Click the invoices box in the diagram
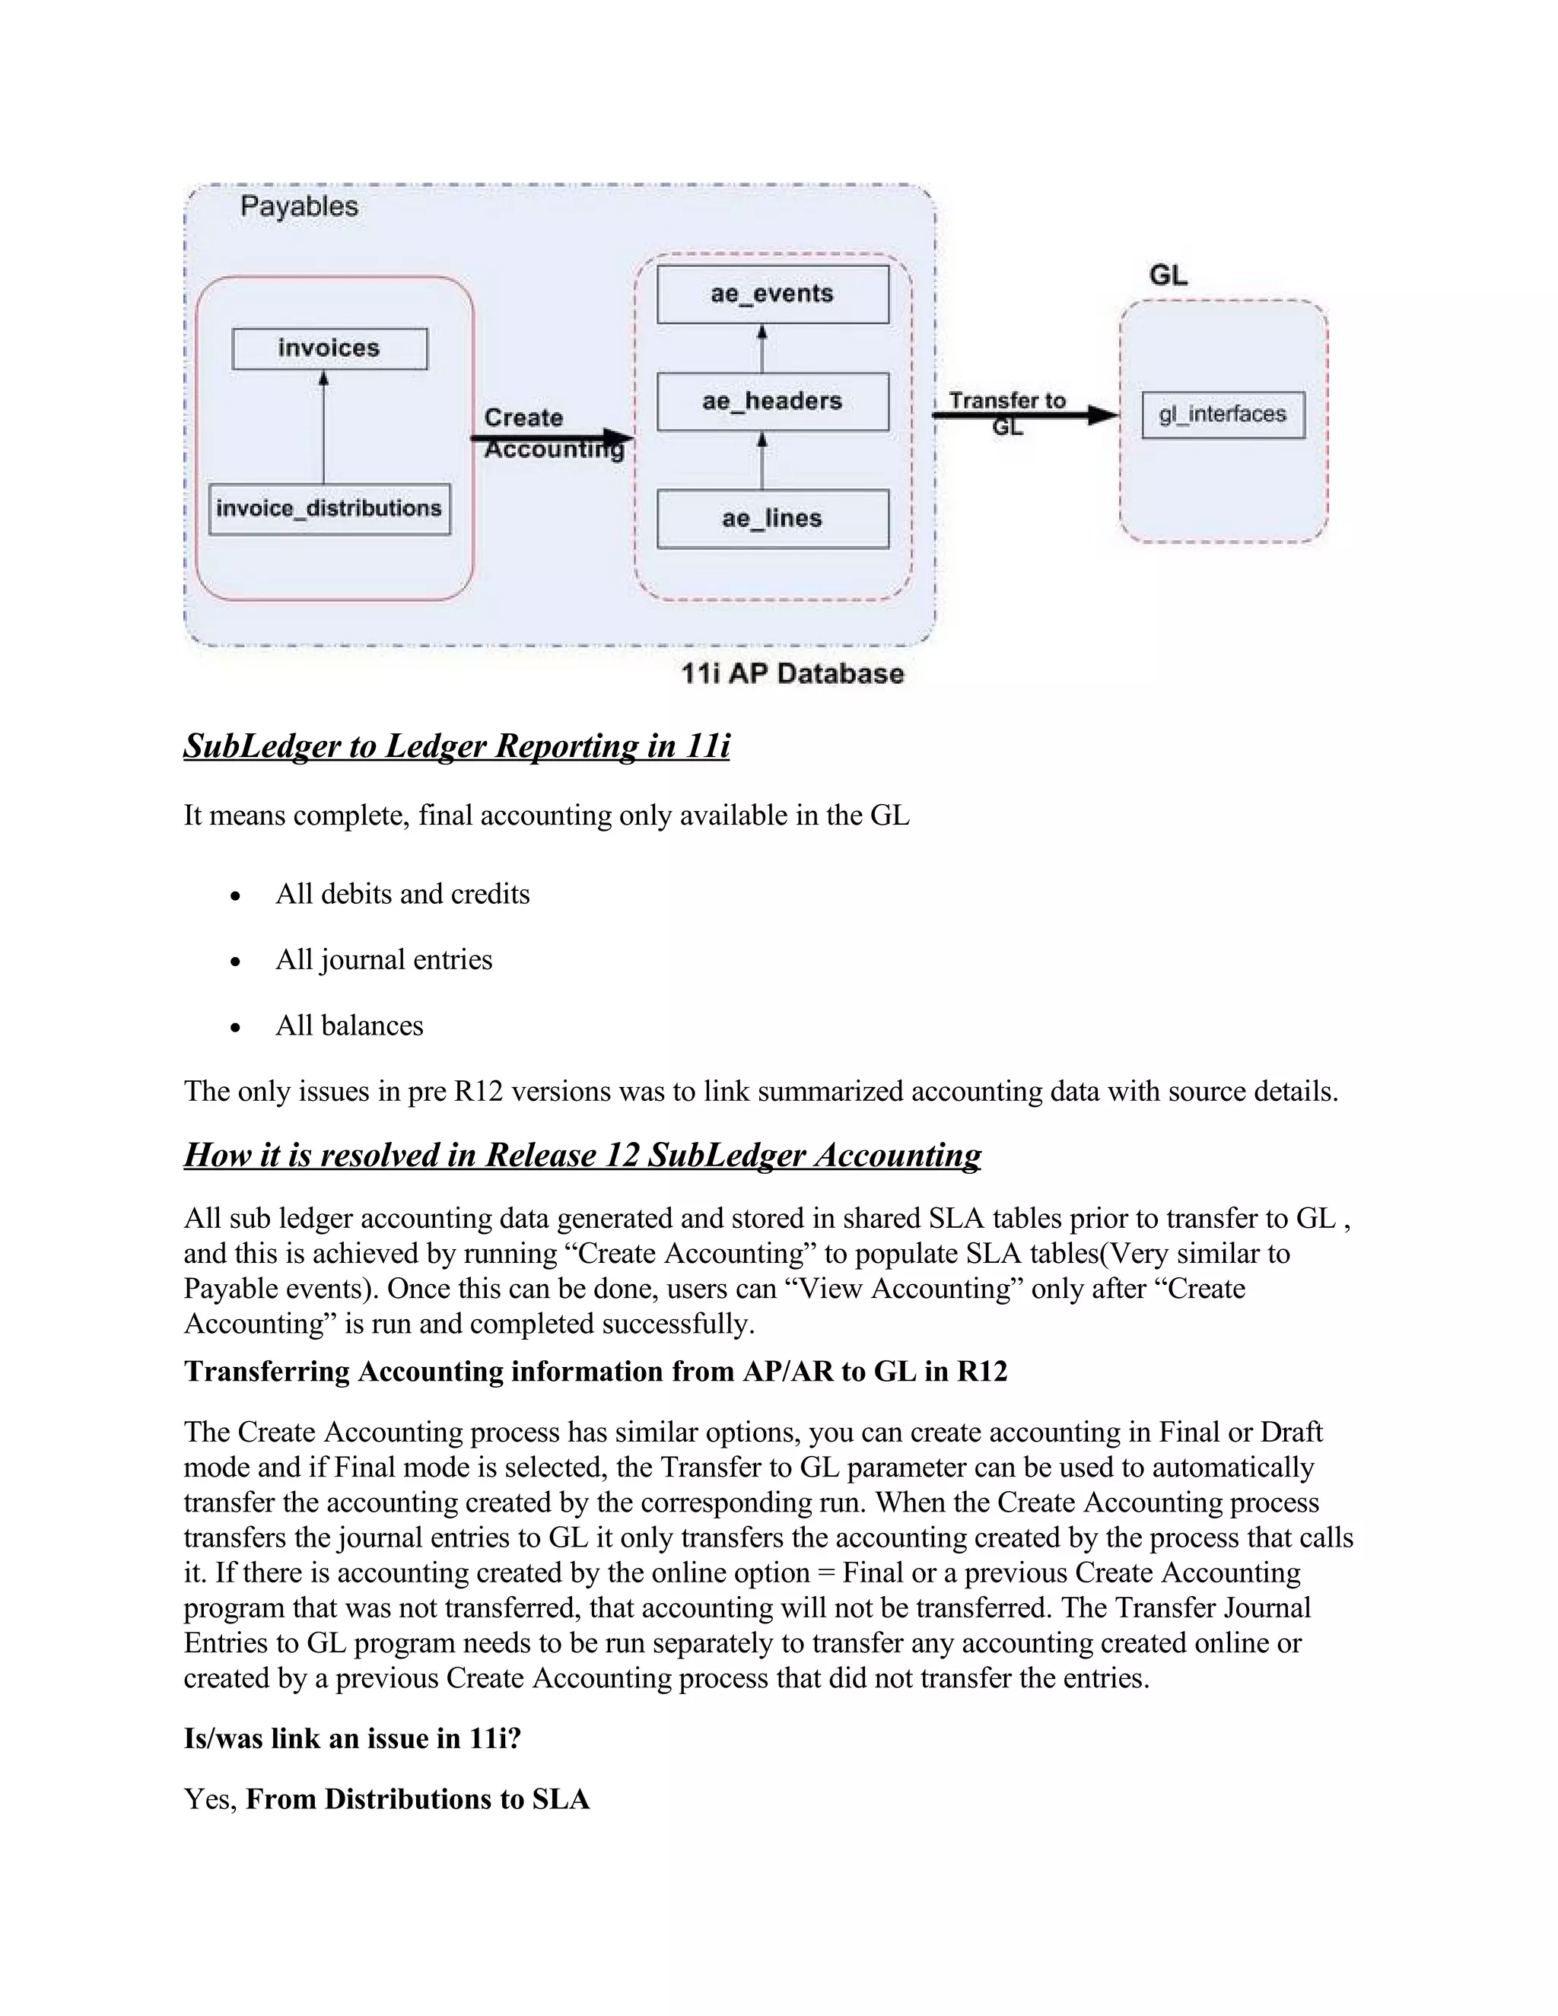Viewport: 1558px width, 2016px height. tap(329, 349)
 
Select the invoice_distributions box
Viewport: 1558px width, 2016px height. tap(329, 509)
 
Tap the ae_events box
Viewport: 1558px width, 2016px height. tap(773, 294)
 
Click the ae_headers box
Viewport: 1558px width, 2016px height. tap(773, 402)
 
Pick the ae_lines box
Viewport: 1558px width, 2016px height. tap(773, 519)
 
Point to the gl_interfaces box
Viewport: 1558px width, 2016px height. tap(1223, 415)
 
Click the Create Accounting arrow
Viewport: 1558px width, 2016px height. tap(554, 437)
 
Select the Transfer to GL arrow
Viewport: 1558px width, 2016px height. tap(1025, 415)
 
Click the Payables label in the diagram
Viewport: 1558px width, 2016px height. tap(299, 206)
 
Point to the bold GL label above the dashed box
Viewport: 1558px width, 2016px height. tap(1168, 275)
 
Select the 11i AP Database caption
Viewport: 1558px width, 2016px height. tap(792, 674)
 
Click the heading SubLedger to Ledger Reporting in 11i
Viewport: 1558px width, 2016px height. tap(456, 746)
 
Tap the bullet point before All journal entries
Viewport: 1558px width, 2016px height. tap(237, 962)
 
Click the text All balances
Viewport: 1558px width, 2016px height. tap(349, 1025)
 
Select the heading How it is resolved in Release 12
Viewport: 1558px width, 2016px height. tap(581, 1155)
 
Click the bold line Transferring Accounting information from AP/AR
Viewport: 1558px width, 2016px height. tap(596, 1371)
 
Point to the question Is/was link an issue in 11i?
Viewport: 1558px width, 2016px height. tap(352, 1738)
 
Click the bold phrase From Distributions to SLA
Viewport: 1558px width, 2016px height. tap(417, 1799)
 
